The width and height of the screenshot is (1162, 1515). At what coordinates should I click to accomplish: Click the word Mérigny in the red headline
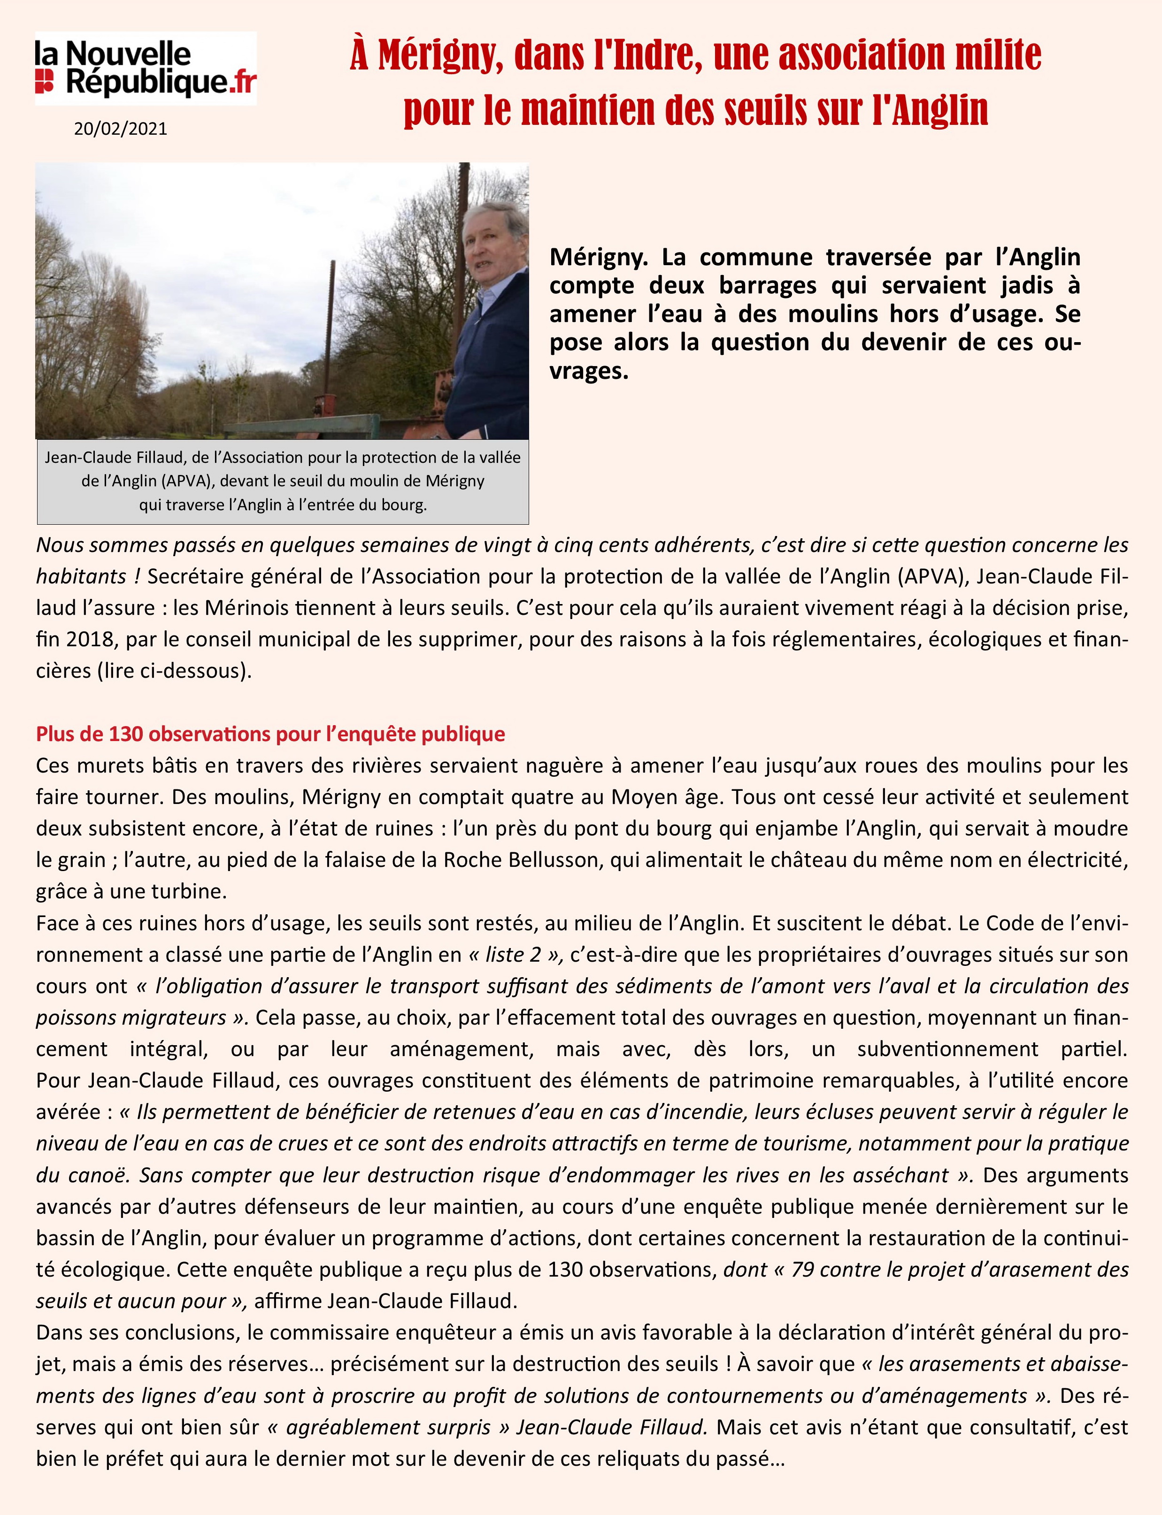pos(433,56)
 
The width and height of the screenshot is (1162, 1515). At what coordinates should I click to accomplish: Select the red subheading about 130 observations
pos(270,734)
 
